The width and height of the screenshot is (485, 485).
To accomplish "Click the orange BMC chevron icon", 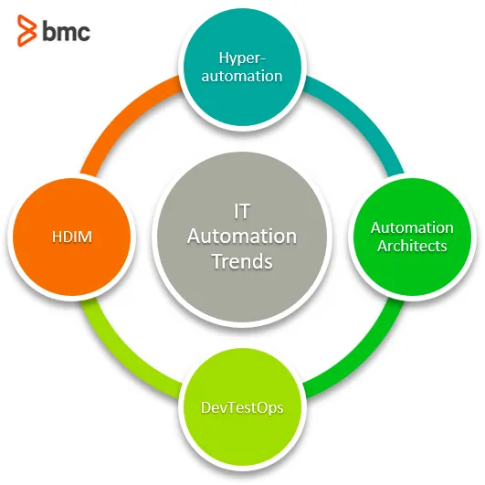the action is pyautogui.click(x=26, y=30).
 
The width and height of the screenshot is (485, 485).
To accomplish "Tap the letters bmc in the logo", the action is pyautogui.click(x=66, y=30).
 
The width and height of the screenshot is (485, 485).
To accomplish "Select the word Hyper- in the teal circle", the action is pyautogui.click(x=242, y=58).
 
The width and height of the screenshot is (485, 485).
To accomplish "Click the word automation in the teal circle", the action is pyautogui.click(x=242, y=76).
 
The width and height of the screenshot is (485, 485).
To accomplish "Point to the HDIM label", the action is pyautogui.click(x=72, y=237).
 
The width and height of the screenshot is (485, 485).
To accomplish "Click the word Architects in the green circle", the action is pyautogui.click(x=412, y=246).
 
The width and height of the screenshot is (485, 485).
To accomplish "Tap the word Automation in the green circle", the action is pyautogui.click(x=412, y=228).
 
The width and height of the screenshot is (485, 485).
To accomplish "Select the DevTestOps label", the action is pyautogui.click(x=242, y=407).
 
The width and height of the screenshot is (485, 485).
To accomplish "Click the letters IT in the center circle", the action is pyautogui.click(x=242, y=211).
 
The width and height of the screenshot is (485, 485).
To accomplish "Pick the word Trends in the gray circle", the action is pyautogui.click(x=242, y=261).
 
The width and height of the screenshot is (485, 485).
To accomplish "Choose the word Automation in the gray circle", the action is pyautogui.click(x=242, y=237).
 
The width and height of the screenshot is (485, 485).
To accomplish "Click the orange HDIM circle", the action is pyautogui.click(x=72, y=237).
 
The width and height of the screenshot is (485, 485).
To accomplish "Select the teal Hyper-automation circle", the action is pyautogui.click(x=242, y=67).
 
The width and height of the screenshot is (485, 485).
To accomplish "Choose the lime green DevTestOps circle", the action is pyautogui.click(x=242, y=407).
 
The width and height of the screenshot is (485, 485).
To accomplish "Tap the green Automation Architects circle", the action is pyautogui.click(x=412, y=237).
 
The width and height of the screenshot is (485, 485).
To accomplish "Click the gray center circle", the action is pyautogui.click(x=242, y=237).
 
